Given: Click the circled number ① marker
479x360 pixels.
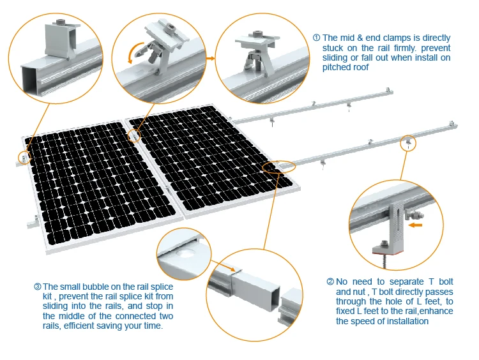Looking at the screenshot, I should coord(316,38).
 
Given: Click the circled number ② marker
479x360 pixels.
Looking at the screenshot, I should coord(330,281).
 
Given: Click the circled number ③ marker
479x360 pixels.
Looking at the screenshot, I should coord(37,287).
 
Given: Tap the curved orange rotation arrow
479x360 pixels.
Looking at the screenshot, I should coord(133,53).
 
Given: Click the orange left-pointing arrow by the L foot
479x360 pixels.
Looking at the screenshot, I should coord(416,225).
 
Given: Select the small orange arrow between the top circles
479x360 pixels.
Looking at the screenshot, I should coord(209,58).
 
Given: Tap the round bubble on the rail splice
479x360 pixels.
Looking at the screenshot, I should coord(188,253).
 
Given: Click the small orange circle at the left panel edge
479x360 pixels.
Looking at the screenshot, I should coord(24,156).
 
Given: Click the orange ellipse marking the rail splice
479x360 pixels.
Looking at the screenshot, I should coord(279,167).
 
